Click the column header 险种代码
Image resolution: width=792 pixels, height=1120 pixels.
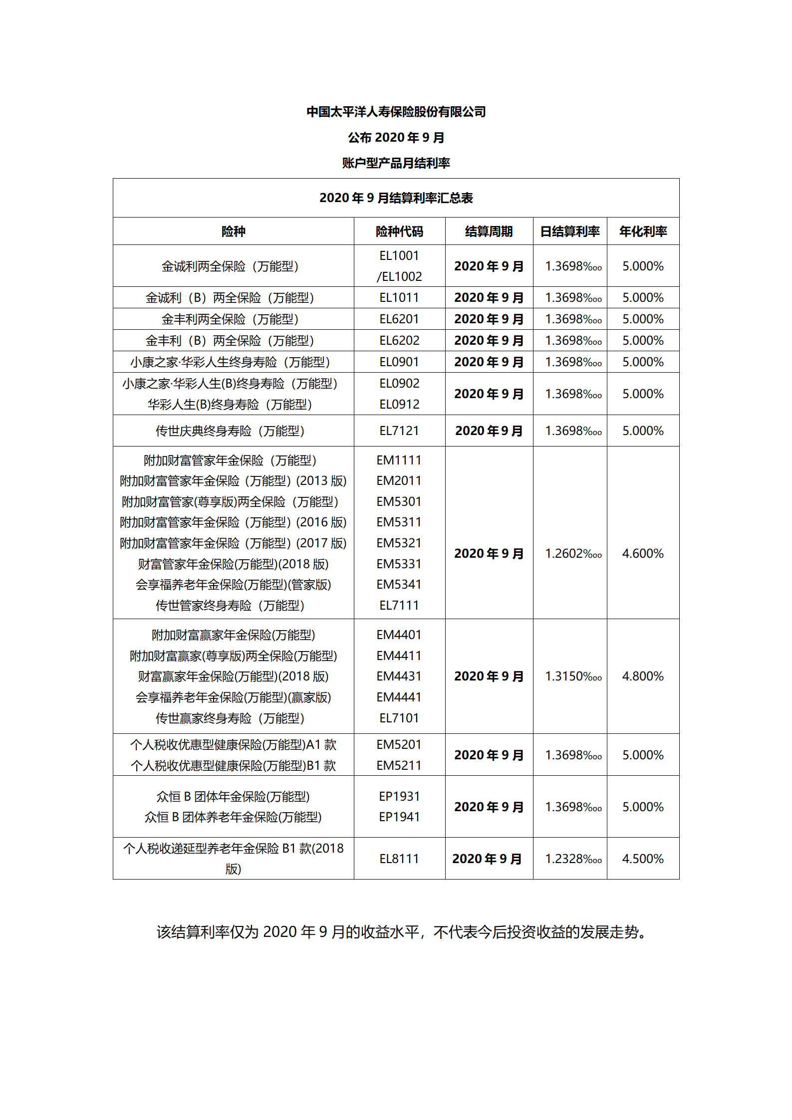(399, 231)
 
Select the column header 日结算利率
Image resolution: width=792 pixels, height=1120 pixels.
(570, 231)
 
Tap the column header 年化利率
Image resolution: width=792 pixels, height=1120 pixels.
(643, 231)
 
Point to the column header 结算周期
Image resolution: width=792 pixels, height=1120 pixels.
(489, 231)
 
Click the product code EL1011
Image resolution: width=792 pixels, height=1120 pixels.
(399, 298)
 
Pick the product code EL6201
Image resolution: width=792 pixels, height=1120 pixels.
(399, 319)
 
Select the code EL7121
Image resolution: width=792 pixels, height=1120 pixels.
(399, 431)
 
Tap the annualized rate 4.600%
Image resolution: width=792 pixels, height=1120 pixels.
(643, 554)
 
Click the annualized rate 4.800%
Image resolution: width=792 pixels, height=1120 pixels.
(643, 676)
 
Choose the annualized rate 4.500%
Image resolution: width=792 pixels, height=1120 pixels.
(643, 859)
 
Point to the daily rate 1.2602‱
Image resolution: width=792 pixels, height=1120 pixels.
(573, 554)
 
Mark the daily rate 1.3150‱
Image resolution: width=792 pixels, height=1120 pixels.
(573, 676)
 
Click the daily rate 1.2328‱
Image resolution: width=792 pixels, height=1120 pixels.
(573, 859)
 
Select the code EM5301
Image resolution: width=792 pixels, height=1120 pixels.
(399, 502)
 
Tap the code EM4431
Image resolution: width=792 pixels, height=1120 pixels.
(399, 676)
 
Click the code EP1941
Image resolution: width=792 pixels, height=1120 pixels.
(399, 817)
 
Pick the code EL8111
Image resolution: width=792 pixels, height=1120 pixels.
(399, 859)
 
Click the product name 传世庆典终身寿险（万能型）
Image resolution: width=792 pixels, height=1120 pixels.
(230, 431)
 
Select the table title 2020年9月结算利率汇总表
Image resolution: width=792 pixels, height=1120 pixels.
(396, 198)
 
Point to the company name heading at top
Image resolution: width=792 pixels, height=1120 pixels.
(396, 112)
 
